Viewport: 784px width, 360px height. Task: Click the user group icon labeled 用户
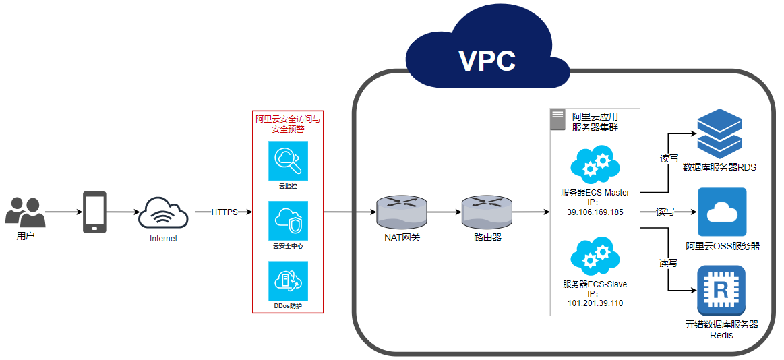coord(26,211)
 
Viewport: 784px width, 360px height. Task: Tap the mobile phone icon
coord(94,212)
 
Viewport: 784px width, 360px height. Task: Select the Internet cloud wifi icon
coord(163,213)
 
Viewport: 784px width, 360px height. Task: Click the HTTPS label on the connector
coord(224,212)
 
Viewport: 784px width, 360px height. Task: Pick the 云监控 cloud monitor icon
coord(288,160)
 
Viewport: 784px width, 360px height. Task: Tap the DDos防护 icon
coord(288,281)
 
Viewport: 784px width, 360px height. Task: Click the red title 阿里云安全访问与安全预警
coord(288,124)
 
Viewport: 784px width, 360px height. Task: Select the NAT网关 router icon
coord(402,211)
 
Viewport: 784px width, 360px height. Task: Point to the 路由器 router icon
coord(487,211)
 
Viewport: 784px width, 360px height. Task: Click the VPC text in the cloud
coord(487,61)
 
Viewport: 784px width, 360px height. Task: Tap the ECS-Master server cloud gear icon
coord(595,164)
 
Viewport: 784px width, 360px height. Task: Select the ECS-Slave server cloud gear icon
coord(595,256)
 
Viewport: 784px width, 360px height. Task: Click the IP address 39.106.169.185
coord(595,212)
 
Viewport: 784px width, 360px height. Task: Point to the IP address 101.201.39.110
coord(595,303)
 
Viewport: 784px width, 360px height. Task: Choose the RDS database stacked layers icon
coord(719,133)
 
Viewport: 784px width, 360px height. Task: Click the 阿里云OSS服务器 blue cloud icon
coord(722,212)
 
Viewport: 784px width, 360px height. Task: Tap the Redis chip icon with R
coord(721,290)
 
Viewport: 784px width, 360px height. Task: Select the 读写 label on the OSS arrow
coord(665,212)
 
